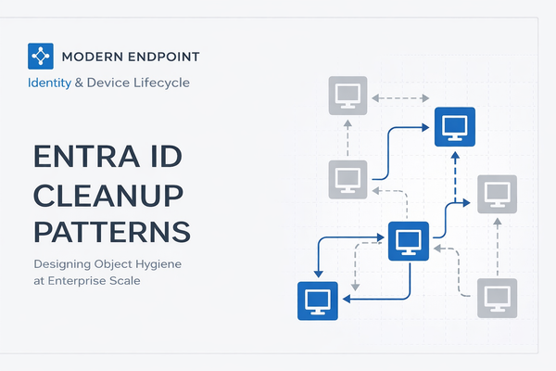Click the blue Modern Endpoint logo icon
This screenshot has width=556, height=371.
[40, 57]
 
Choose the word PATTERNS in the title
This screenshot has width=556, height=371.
[112, 230]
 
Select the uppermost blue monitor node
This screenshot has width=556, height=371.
[455, 127]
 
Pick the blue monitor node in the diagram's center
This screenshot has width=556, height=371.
[408, 242]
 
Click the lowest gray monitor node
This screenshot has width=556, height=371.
[497, 297]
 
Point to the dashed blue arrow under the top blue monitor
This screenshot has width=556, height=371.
[455, 176]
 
